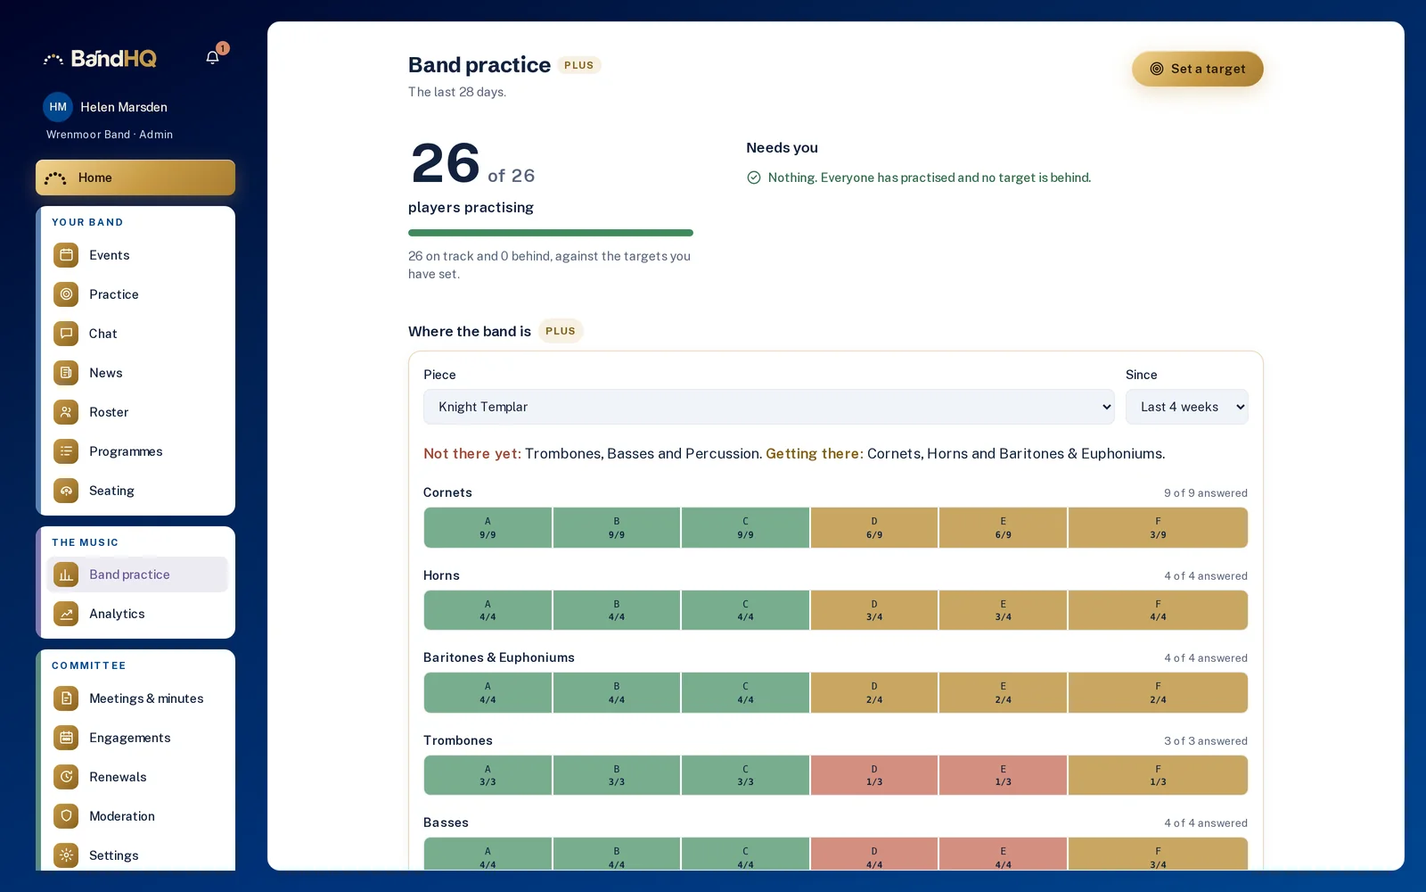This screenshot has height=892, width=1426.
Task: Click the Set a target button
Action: click(x=1197, y=69)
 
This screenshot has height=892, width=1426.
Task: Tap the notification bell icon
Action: click(x=213, y=57)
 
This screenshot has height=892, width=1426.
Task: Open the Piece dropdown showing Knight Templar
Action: click(x=768, y=407)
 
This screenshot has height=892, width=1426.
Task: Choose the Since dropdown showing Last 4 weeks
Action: click(x=1186, y=407)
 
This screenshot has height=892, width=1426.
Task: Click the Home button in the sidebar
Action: click(x=135, y=178)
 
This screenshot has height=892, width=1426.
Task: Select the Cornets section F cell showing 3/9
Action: click(x=1158, y=527)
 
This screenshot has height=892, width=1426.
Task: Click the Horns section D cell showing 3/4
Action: click(x=874, y=610)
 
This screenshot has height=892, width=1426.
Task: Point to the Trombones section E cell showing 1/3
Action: click(x=1003, y=775)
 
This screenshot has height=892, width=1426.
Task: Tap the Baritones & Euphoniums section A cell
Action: click(x=488, y=692)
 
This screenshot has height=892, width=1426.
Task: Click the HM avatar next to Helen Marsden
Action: click(x=58, y=107)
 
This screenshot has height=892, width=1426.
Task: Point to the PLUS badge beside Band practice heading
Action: click(x=578, y=65)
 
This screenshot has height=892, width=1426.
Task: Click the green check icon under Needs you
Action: click(x=754, y=178)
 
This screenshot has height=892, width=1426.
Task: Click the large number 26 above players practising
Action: click(x=445, y=163)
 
